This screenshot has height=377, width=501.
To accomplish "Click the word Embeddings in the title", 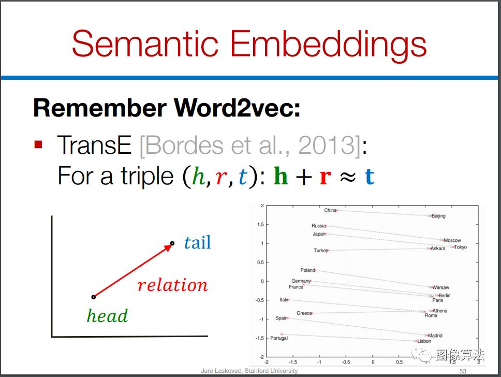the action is pyautogui.click(x=329, y=47).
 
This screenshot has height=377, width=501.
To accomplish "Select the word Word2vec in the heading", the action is pyautogui.click(x=237, y=108).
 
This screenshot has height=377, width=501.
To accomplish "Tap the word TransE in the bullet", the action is pyautogui.click(x=94, y=145).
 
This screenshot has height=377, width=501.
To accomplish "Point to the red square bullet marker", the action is pyautogui.click(x=38, y=144).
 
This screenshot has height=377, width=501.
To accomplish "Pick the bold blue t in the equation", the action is pyautogui.click(x=370, y=177).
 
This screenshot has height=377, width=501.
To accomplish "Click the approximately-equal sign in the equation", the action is pyautogui.click(x=348, y=177).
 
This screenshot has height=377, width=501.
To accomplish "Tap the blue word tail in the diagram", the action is pyautogui.click(x=198, y=242).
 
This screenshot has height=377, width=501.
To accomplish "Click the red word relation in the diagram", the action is pyautogui.click(x=172, y=285).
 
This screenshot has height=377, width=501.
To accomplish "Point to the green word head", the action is pyautogui.click(x=107, y=315).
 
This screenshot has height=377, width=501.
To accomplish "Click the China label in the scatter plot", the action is pyautogui.click(x=330, y=210).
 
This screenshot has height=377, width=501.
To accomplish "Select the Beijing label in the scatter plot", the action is pyautogui.click(x=438, y=216).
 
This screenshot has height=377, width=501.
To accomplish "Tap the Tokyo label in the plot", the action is pyautogui.click(x=461, y=247).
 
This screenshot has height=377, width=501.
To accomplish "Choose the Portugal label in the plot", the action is pyautogui.click(x=279, y=338).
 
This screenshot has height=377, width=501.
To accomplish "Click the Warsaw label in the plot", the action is pyautogui.click(x=440, y=287).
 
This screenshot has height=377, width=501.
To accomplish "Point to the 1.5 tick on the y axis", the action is pyautogui.click(x=260, y=224).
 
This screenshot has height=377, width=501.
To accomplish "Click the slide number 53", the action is pyautogui.click(x=463, y=371).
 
